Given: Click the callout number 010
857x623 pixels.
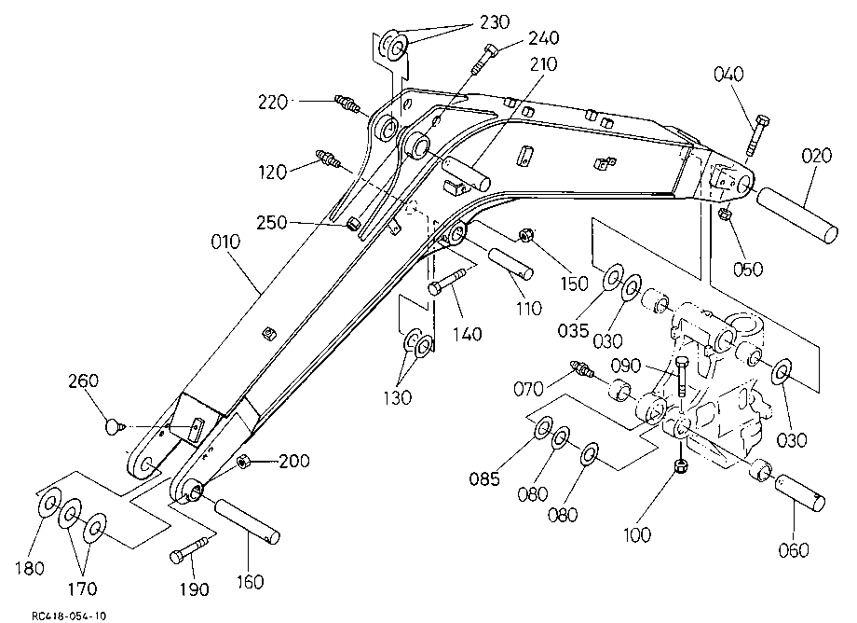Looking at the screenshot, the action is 225,242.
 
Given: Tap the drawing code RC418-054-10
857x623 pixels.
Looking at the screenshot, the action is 69,616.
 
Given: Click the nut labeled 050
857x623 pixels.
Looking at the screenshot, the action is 725,214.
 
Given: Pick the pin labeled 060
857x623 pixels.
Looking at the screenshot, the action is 799,492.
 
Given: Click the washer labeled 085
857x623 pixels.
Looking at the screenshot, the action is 541,426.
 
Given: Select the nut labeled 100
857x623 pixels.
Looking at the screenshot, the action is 680,466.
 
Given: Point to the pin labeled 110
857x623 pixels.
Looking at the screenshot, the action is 510,263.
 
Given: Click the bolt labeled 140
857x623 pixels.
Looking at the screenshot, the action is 446,280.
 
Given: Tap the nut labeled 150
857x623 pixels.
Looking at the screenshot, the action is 525,236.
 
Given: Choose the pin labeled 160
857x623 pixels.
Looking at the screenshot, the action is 248,521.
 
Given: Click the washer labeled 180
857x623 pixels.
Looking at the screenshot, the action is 48,504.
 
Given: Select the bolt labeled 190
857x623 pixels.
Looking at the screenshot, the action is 188,549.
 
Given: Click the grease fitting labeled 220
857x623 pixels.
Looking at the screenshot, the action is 347,104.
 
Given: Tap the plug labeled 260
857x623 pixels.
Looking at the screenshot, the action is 113,426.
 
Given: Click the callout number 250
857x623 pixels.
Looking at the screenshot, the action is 271,223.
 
